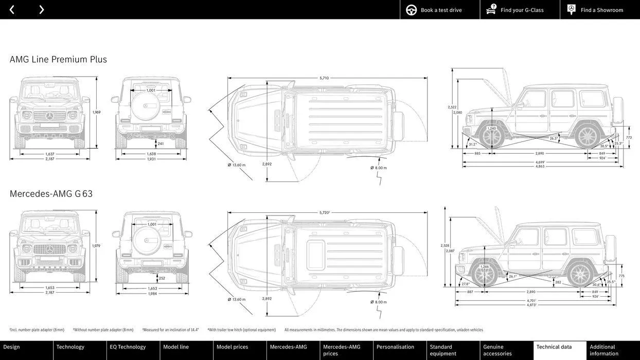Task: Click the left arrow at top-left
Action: point(12,10)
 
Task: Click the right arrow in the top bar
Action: point(41,10)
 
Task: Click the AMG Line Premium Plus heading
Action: point(58,59)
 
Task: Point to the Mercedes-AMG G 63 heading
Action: point(51,194)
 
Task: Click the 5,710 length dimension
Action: point(324,78)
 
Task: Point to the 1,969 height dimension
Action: point(96,112)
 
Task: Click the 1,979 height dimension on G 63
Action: point(96,246)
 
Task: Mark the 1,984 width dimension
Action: point(152,294)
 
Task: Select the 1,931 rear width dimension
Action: point(151,159)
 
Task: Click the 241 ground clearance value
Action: point(161,144)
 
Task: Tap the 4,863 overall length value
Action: point(540,166)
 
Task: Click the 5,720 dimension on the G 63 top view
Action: point(324,212)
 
